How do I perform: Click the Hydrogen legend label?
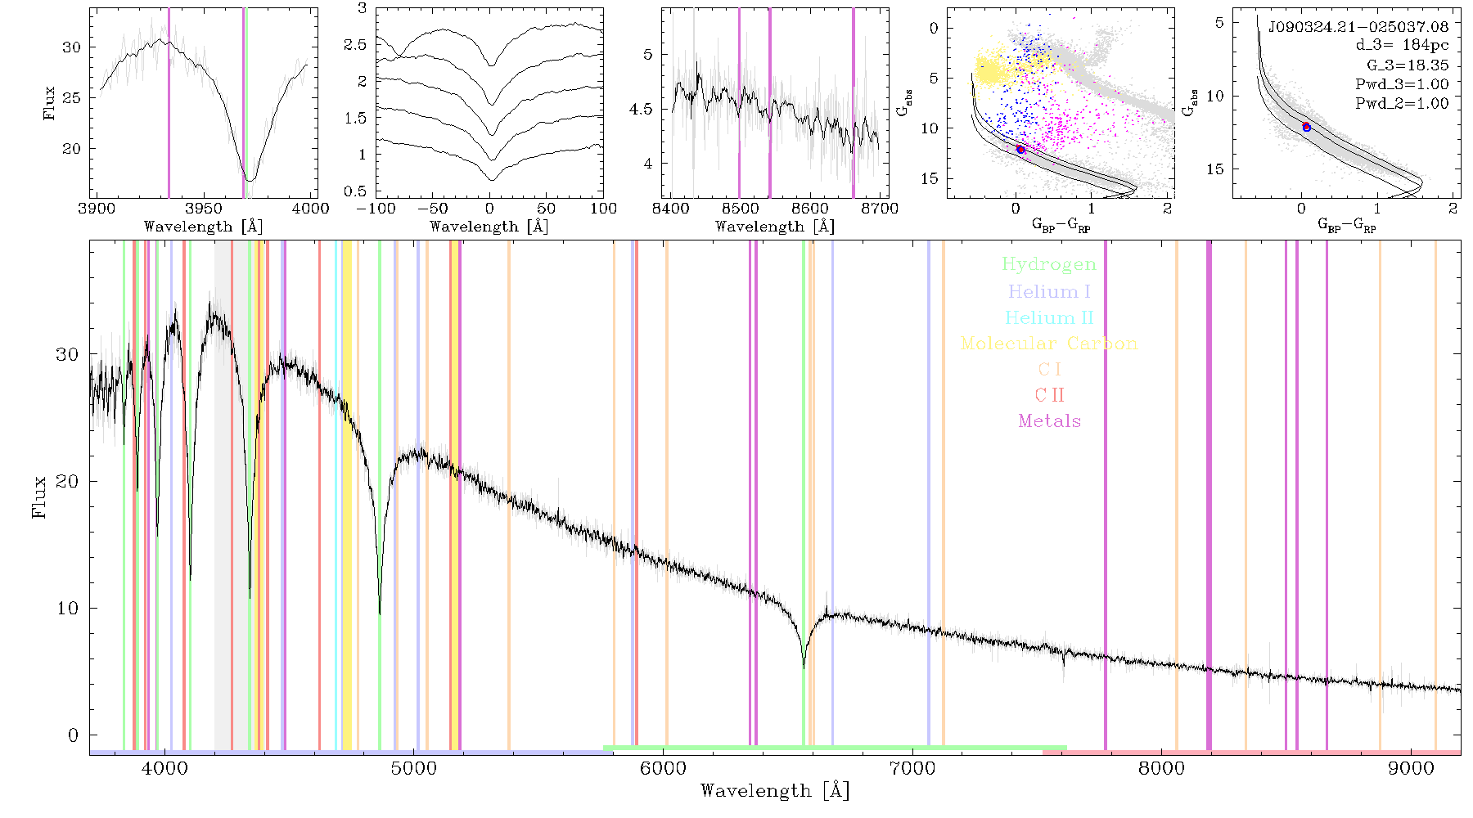1048,265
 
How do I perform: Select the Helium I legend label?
1049,291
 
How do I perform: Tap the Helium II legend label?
1049,317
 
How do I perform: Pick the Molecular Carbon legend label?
1049,344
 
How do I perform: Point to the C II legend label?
1049,395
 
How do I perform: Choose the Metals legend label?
1049,421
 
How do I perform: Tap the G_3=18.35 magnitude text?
1408,65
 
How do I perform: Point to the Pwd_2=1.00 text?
1402,104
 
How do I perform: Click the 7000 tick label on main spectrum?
912,768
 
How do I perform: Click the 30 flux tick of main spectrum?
67,354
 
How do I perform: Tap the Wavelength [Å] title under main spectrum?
774,791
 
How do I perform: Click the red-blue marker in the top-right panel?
1306,127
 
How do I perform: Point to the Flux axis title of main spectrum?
38,496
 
